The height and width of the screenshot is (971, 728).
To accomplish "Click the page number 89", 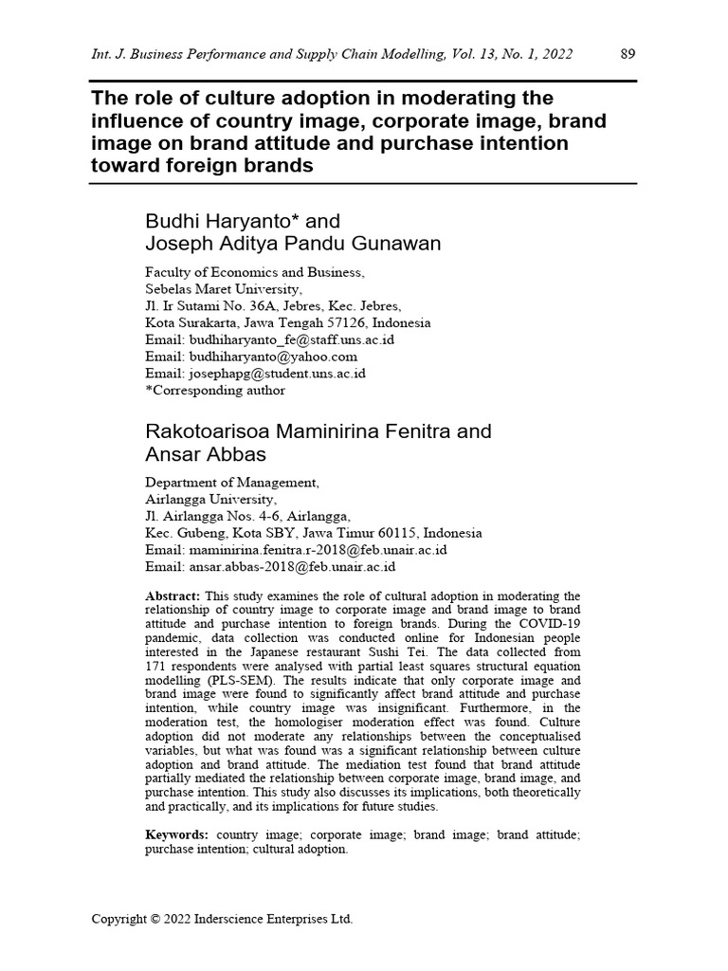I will pyautogui.click(x=628, y=54).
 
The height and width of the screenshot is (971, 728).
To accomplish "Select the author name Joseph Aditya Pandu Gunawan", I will pyautogui.click(x=292, y=244).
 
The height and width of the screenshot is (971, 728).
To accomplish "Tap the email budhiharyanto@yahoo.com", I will pyautogui.click(x=250, y=357).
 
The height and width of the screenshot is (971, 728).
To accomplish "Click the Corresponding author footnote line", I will pyautogui.click(x=214, y=389).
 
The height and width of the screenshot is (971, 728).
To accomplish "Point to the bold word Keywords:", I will pyautogui.click(x=176, y=834).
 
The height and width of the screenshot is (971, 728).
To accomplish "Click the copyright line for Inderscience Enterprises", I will pyautogui.click(x=222, y=919).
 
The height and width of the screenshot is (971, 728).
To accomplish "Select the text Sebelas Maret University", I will pyautogui.click(x=224, y=289).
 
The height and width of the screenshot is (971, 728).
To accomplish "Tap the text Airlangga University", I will pyautogui.click(x=210, y=500).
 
